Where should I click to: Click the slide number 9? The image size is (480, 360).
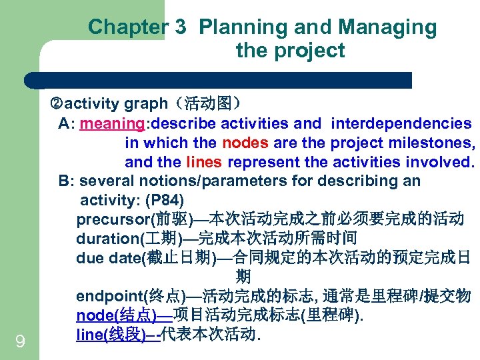click(20, 343)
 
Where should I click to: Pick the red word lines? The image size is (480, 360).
click(205, 163)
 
